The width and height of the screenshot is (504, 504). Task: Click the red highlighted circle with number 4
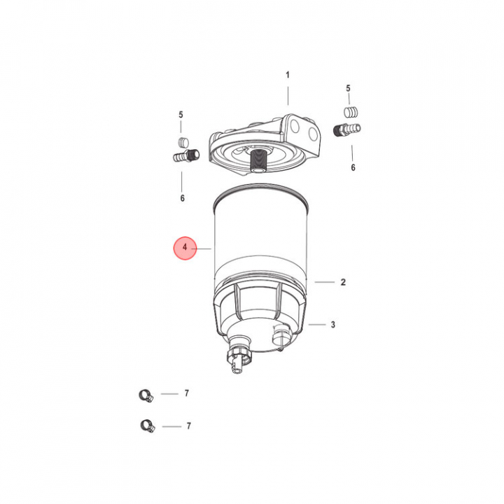point(185,248)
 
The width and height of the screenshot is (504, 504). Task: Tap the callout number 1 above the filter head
point(288,75)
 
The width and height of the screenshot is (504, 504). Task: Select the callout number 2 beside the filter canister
point(343,282)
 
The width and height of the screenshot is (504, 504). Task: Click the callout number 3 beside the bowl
point(333,325)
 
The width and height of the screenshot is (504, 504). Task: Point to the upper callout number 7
point(186,393)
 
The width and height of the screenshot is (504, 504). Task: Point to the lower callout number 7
point(189,426)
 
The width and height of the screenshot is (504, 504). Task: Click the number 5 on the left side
point(181,115)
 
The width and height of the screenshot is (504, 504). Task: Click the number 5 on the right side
point(348,88)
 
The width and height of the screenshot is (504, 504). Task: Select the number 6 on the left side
point(182,198)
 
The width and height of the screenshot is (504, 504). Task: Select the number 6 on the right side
point(353,167)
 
